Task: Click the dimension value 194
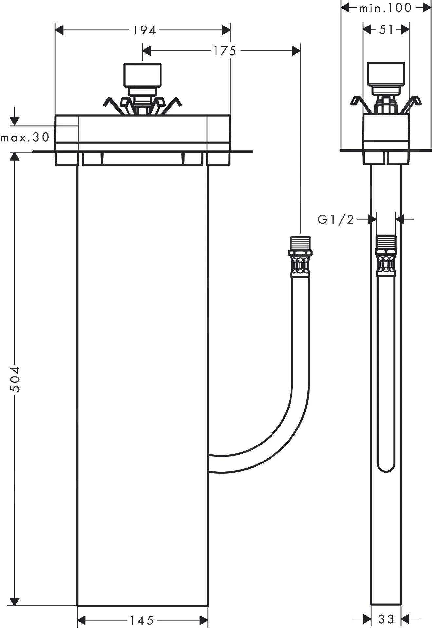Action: pos(144,30)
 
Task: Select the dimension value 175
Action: pos(225,51)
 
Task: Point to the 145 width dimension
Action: pos(142,620)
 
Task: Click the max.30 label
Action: pos(25,137)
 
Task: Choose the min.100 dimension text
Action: pos(385,8)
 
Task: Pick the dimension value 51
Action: pos(386,30)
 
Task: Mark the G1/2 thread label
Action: pos(336,219)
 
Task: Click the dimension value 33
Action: pos(386,619)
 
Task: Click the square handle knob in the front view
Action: pos(142,75)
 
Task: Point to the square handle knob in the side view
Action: pos(386,74)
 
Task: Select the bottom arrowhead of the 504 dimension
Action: pos(15,601)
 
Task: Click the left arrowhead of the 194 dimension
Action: pos(59,30)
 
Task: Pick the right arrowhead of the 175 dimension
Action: pos(296,51)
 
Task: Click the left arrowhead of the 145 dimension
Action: pos(81,620)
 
